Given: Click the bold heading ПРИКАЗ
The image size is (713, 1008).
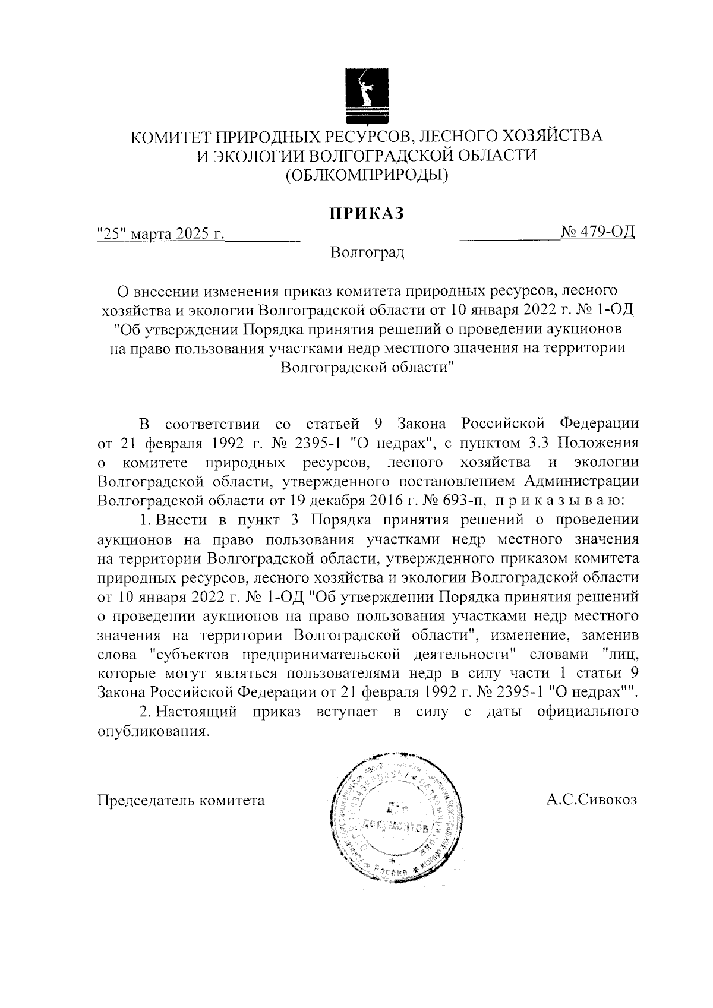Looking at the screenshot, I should [x=367, y=213].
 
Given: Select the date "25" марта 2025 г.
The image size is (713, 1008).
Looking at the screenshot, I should [x=160, y=233].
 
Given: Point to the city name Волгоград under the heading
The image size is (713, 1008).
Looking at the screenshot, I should [x=368, y=253].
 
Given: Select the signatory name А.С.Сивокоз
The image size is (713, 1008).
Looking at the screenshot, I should [x=592, y=800].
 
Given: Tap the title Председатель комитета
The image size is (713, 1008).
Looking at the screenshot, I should [x=181, y=800].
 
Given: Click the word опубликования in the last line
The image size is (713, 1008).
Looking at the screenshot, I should [x=153, y=731].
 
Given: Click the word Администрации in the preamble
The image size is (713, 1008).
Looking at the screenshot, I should [x=582, y=481].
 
